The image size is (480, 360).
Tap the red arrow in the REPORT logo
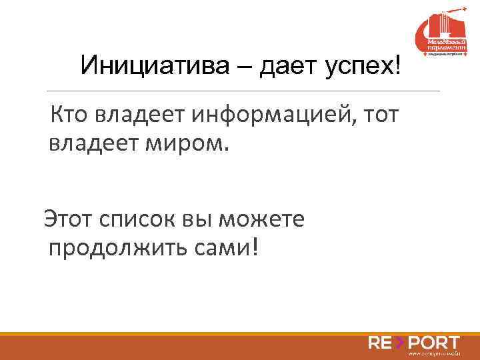pos(399,343)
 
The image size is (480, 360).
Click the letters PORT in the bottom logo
pos(433,343)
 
